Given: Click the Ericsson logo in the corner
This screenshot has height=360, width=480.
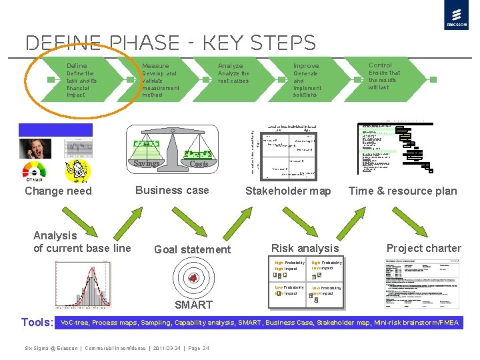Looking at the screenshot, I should pos(455,17).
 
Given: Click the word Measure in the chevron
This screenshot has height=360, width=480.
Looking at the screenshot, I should pos(155,66).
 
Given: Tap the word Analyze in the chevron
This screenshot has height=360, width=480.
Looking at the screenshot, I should pos(231,66).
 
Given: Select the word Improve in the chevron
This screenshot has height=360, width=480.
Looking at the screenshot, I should pos(306,66).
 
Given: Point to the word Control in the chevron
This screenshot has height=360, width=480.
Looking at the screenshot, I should pos(381,65).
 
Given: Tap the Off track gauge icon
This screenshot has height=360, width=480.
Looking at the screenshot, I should pos(34,172).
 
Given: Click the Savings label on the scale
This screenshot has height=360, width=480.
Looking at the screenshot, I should pos(146,163).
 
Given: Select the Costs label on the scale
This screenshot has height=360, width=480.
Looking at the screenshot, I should pos(199,164).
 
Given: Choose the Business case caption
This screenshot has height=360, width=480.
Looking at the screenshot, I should pos(172,190).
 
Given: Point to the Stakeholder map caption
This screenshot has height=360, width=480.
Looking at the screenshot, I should pos(288,191).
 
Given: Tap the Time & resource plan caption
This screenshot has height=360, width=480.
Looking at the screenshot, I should pos(403,191).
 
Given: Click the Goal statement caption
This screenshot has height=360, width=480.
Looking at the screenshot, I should pos(192,249).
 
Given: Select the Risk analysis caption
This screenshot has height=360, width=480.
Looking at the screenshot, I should pos(305,248).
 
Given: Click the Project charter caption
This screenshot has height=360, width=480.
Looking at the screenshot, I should pos(424,248).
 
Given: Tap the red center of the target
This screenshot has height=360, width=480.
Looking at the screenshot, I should pos(193,278).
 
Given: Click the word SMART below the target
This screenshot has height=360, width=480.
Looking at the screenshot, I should pos(193,305).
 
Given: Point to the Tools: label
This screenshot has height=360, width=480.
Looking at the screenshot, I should pos(37,323).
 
